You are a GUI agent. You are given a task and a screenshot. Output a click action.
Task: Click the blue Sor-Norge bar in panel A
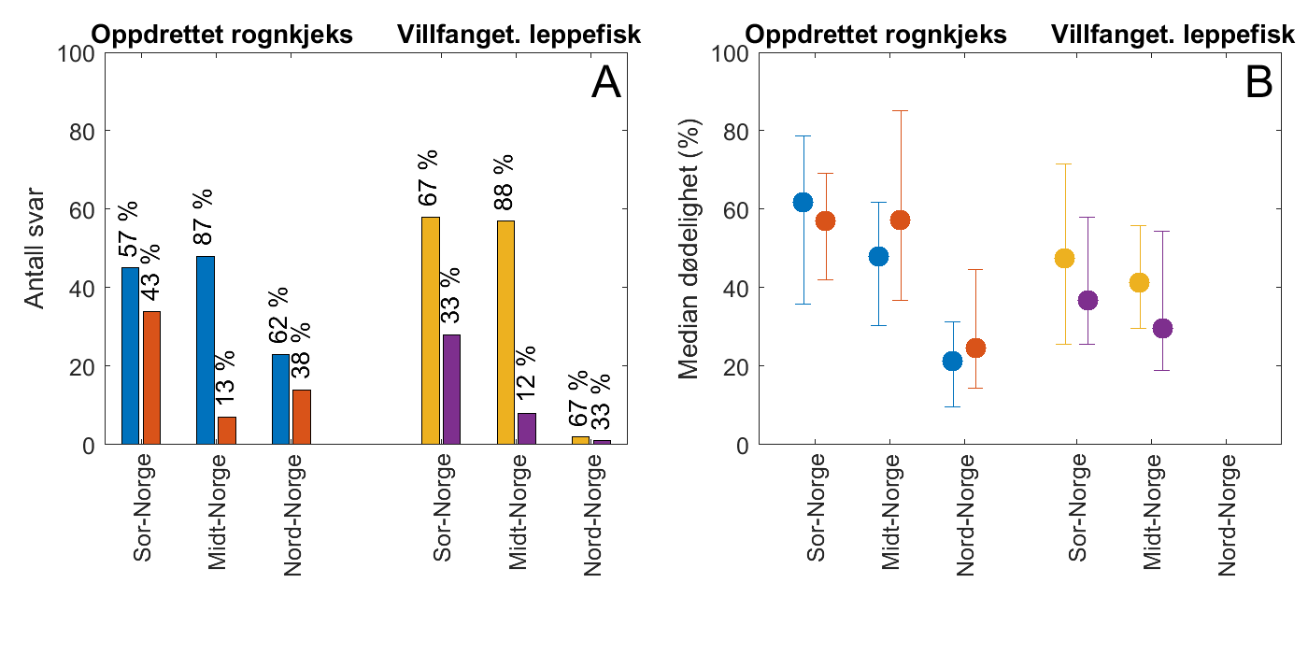[131, 356]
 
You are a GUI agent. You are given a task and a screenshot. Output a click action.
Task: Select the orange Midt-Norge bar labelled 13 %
[227, 431]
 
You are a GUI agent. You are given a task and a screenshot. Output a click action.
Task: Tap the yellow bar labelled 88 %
[505, 333]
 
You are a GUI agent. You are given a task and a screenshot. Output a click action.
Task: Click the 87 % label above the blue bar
[204, 217]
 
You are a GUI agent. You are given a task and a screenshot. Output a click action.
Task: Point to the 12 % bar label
[527, 374]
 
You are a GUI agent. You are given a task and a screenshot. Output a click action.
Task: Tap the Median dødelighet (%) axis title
[690, 249]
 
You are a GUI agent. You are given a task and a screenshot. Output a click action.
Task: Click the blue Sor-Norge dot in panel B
[803, 202]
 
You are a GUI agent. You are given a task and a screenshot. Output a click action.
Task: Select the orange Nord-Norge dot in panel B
[975, 348]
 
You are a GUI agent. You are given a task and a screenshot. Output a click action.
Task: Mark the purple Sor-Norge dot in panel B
[1088, 300]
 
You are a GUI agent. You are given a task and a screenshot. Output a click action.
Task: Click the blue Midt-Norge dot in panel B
[878, 256]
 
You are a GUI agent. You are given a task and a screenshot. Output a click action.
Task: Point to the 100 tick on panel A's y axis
[78, 53]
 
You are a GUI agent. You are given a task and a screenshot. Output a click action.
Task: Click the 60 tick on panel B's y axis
[734, 209]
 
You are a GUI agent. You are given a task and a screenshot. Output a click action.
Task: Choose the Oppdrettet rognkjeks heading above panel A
[221, 36]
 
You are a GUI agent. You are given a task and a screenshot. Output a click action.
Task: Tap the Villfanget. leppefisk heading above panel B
[1173, 36]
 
